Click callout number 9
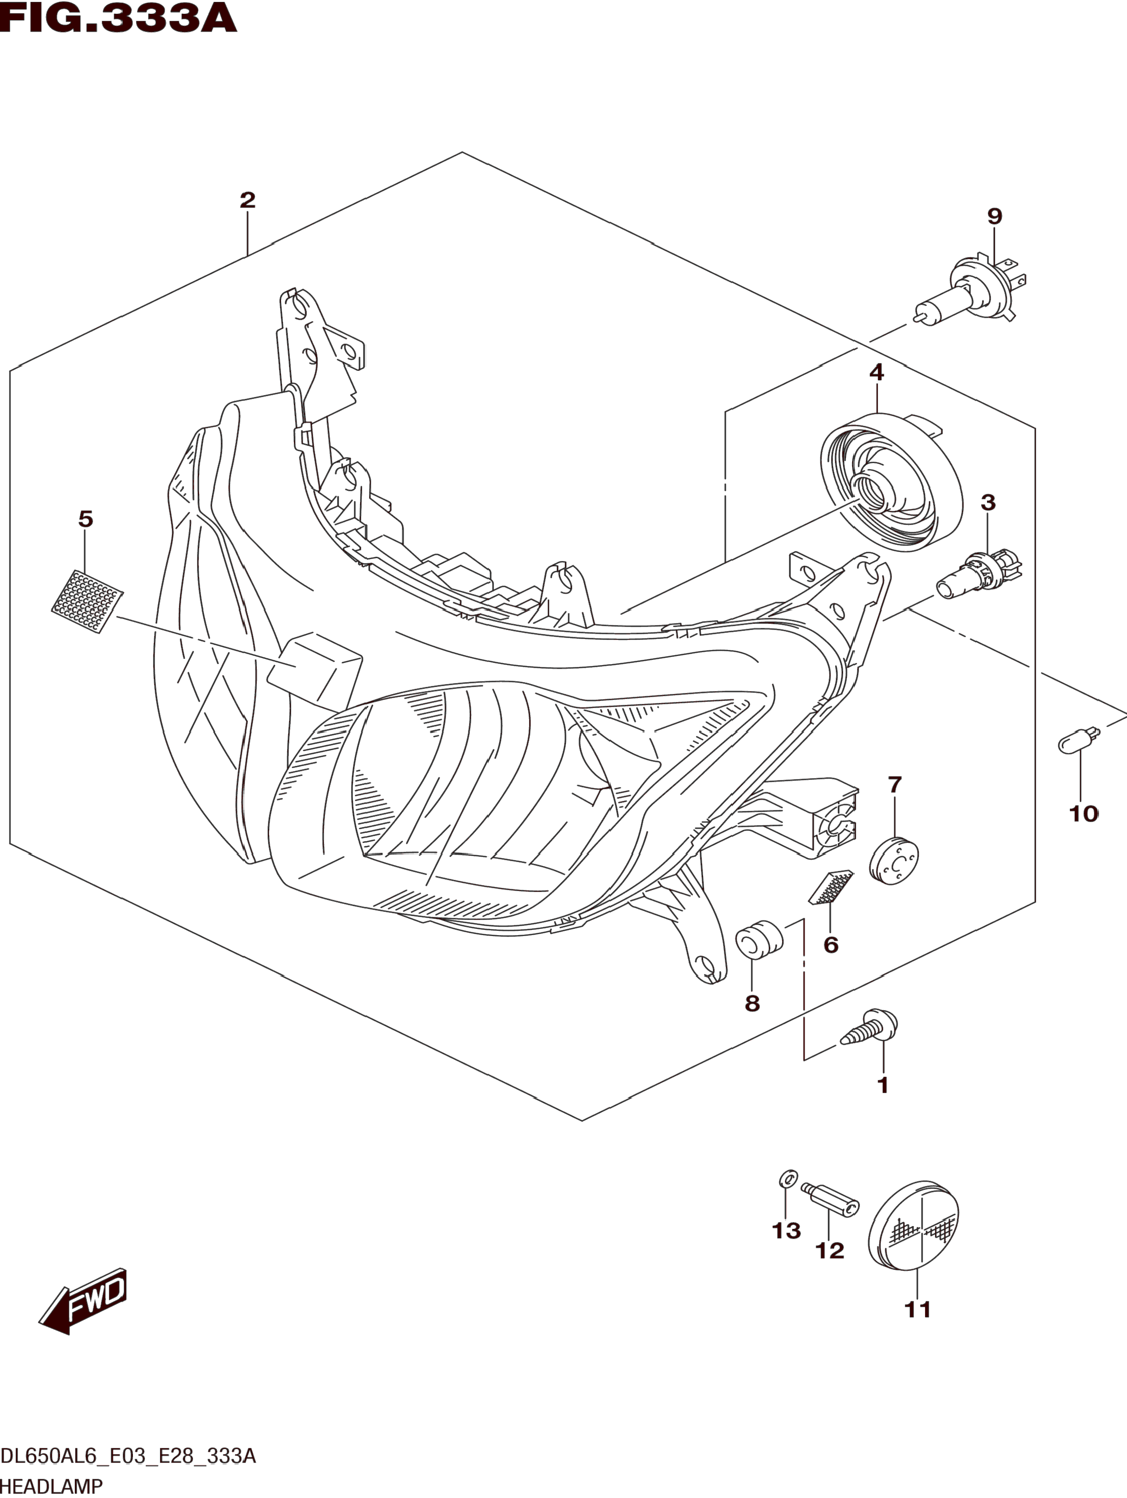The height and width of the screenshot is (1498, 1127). (994, 216)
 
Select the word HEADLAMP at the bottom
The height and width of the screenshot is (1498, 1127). (52, 1487)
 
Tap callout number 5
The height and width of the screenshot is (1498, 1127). (85, 519)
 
